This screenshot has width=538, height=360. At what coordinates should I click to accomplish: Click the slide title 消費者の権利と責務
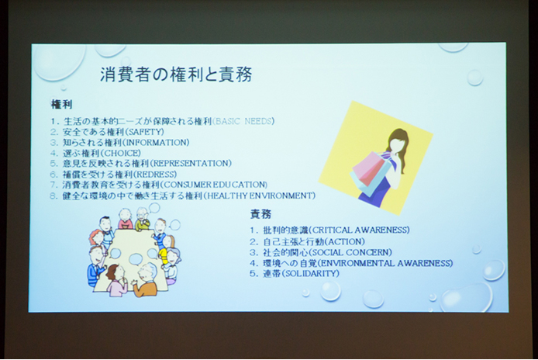(176, 76)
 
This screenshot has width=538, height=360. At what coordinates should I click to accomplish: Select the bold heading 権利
(62, 104)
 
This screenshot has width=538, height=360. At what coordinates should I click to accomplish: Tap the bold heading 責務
(260, 214)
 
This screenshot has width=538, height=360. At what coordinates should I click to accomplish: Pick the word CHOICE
(123, 153)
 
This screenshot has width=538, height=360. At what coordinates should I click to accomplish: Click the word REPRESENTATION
(191, 164)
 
